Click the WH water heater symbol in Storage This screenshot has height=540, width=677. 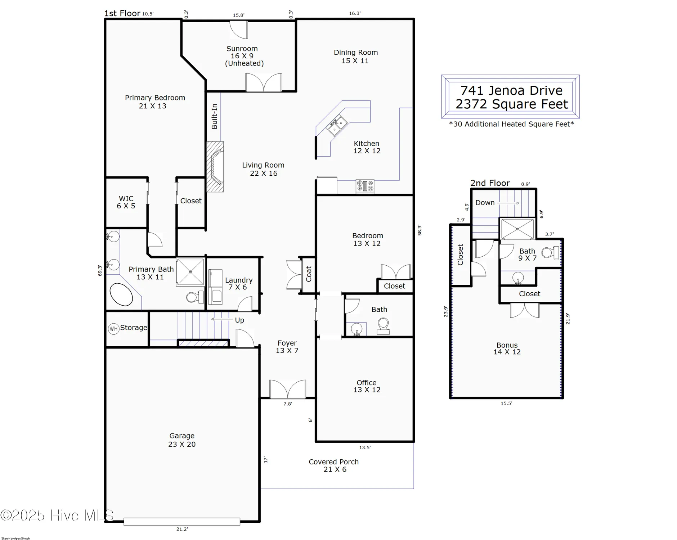(x=113, y=328)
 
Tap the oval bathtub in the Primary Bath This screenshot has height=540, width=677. (x=121, y=294)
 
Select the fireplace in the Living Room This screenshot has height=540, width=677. (x=215, y=166)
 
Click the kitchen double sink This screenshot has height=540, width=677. (x=337, y=126)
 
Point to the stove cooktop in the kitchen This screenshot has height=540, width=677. (x=365, y=186)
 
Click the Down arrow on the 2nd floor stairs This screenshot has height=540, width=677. (x=508, y=203)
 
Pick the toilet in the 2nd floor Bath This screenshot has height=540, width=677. (x=550, y=252)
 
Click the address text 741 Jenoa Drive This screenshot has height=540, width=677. (x=511, y=90)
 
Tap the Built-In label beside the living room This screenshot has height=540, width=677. (x=214, y=116)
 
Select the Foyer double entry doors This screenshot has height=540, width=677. (x=288, y=389)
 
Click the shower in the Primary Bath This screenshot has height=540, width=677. (x=190, y=272)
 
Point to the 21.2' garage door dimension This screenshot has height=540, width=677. (x=182, y=529)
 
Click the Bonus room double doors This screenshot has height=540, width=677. (x=525, y=310)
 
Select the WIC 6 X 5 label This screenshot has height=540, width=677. (x=126, y=202)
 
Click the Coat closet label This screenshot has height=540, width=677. (x=309, y=274)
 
